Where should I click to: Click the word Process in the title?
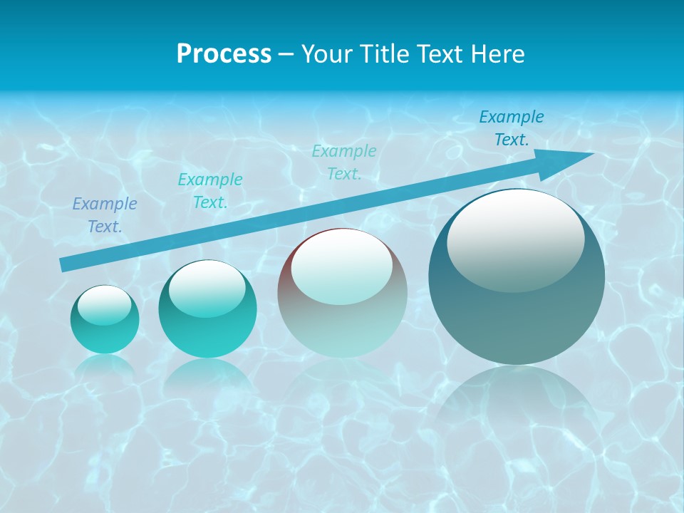click(x=224, y=54)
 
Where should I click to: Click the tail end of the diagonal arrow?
click(x=66, y=264)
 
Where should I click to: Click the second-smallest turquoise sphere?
click(x=207, y=309)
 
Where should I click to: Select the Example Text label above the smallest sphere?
click(x=105, y=215)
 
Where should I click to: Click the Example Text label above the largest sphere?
click(x=512, y=128)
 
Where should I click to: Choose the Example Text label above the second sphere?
click(x=210, y=191)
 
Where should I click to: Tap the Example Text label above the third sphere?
click(x=344, y=162)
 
